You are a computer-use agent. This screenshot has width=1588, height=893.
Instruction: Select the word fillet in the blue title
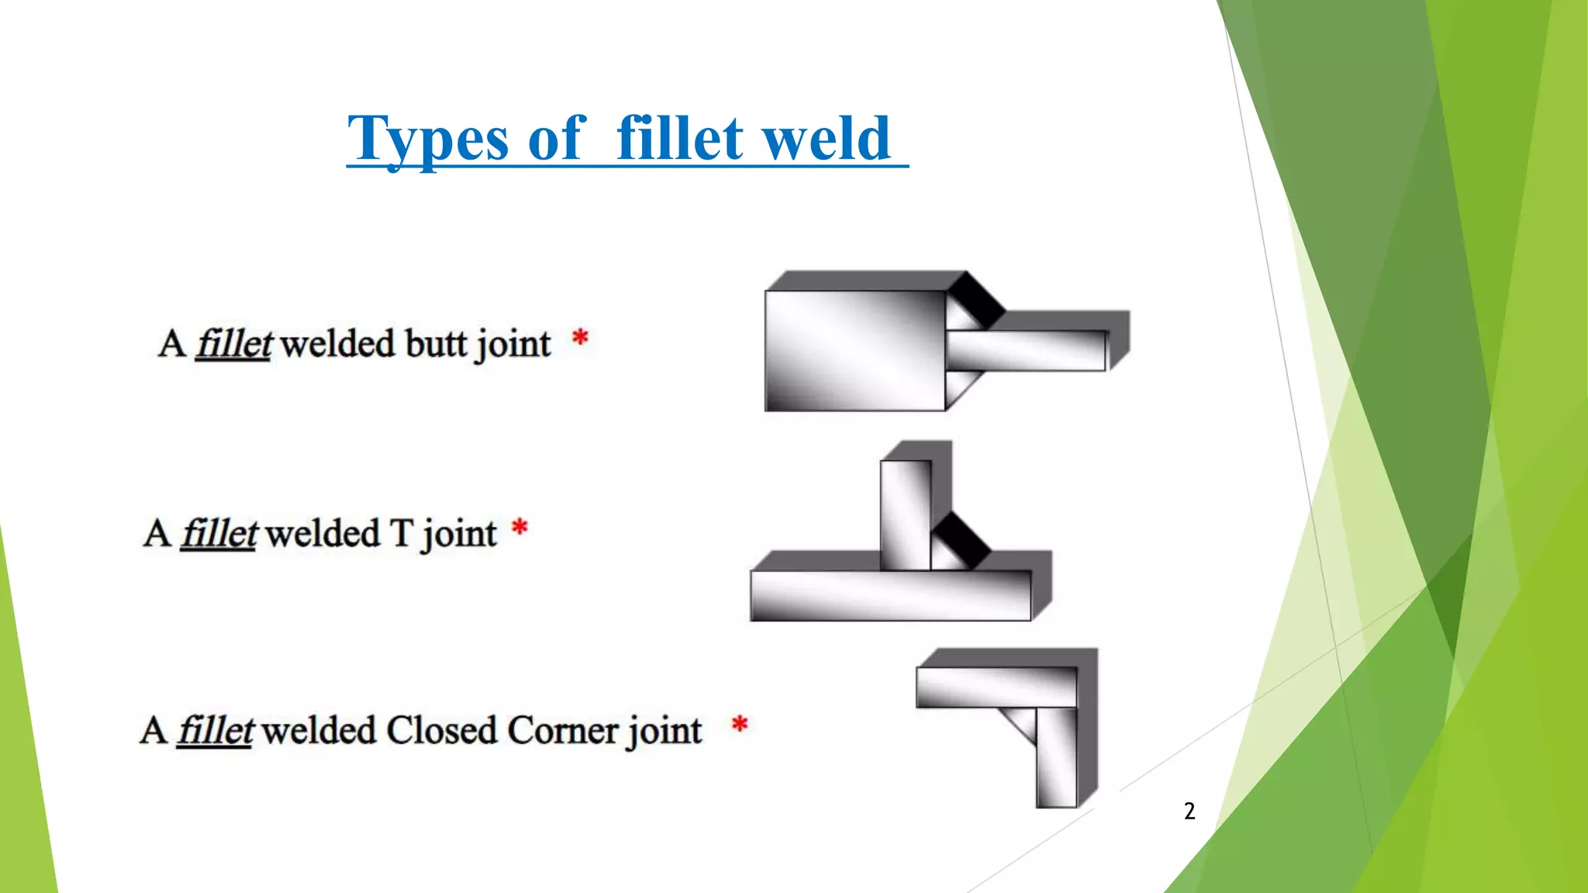679,140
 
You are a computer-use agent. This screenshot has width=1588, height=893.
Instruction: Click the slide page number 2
1189,811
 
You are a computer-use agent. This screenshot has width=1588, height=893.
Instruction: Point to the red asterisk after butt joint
580,339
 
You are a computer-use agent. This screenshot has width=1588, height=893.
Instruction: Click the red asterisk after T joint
520,529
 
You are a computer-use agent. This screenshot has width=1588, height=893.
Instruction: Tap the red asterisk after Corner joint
740,725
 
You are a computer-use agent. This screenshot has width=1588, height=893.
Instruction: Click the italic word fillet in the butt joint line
233,343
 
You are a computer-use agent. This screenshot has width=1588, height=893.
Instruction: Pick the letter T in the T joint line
401,533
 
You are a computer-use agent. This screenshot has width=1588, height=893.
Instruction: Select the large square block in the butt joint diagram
854,350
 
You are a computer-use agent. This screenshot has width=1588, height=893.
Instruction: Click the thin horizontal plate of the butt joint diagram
1025,350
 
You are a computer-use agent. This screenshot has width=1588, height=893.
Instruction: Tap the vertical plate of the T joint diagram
905,515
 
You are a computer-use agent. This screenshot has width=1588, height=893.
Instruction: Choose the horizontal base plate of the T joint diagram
890,595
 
